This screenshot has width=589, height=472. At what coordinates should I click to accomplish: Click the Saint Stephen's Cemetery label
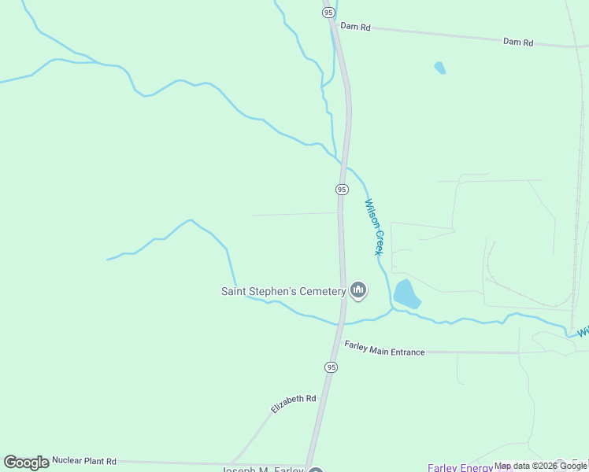[x=283, y=291]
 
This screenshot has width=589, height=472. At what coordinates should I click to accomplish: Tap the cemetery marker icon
[x=358, y=291]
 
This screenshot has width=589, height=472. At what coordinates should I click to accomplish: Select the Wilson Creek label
[x=372, y=227]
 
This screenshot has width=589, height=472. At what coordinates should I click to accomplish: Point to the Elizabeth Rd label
[x=293, y=404]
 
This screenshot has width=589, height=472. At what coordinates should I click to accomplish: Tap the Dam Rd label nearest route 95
[x=354, y=27]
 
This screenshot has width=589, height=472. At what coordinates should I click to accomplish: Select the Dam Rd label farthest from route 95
[x=518, y=41]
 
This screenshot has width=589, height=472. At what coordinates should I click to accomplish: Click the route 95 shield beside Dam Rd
[x=328, y=12]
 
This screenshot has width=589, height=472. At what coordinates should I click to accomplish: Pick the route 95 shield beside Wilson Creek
[x=342, y=190]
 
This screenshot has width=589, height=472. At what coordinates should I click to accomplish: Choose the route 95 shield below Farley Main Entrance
[x=331, y=367]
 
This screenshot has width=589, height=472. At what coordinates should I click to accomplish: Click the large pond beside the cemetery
[x=406, y=294]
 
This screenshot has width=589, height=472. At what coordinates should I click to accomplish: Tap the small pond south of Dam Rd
[x=439, y=68]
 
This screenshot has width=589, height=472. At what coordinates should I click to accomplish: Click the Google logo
[x=26, y=463]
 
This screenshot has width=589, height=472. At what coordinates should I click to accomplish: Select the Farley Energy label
[x=461, y=468]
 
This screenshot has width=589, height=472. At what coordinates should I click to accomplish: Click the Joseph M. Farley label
[x=261, y=470]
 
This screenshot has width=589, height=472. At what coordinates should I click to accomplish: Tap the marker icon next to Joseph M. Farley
[x=315, y=471]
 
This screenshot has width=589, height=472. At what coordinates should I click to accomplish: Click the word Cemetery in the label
[x=320, y=291]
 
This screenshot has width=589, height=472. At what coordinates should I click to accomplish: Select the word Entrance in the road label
[x=404, y=352]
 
